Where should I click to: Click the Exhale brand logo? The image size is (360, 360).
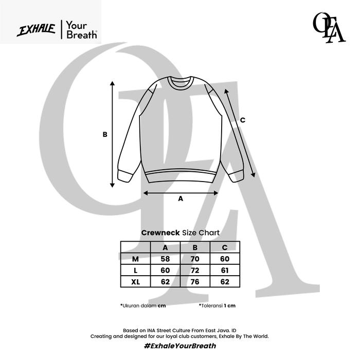36,30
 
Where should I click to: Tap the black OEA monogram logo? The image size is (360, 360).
329,28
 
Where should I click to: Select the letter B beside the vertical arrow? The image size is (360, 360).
105,135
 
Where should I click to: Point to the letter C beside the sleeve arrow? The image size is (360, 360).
242,120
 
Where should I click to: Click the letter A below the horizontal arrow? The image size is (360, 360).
181,199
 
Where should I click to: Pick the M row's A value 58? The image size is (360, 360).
165,259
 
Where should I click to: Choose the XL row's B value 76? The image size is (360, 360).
195,282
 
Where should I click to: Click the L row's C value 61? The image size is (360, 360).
225,271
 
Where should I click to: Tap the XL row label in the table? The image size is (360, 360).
135,282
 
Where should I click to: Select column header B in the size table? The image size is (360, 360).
195,247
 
